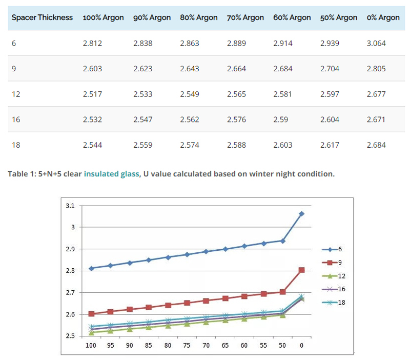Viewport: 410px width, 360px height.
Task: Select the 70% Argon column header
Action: click(245, 17)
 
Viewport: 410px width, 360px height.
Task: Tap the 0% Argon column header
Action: click(383, 17)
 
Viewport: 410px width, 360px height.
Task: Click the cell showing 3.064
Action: click(376, 44)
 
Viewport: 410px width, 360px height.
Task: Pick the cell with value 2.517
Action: click(92, 94)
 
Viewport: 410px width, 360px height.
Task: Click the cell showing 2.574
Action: click(190, 145)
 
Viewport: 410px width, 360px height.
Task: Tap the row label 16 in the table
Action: click(15, 120)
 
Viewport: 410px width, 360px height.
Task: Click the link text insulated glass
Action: click(111, 174)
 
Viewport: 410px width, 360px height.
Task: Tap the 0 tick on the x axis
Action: click(301, 345)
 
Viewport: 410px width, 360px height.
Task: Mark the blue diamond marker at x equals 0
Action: click(301, 213)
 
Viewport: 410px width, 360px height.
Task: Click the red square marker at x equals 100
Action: click(91, 314)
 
